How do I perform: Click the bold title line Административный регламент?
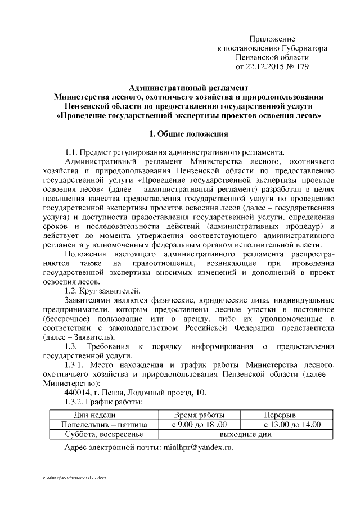click(x=188, y=88)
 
